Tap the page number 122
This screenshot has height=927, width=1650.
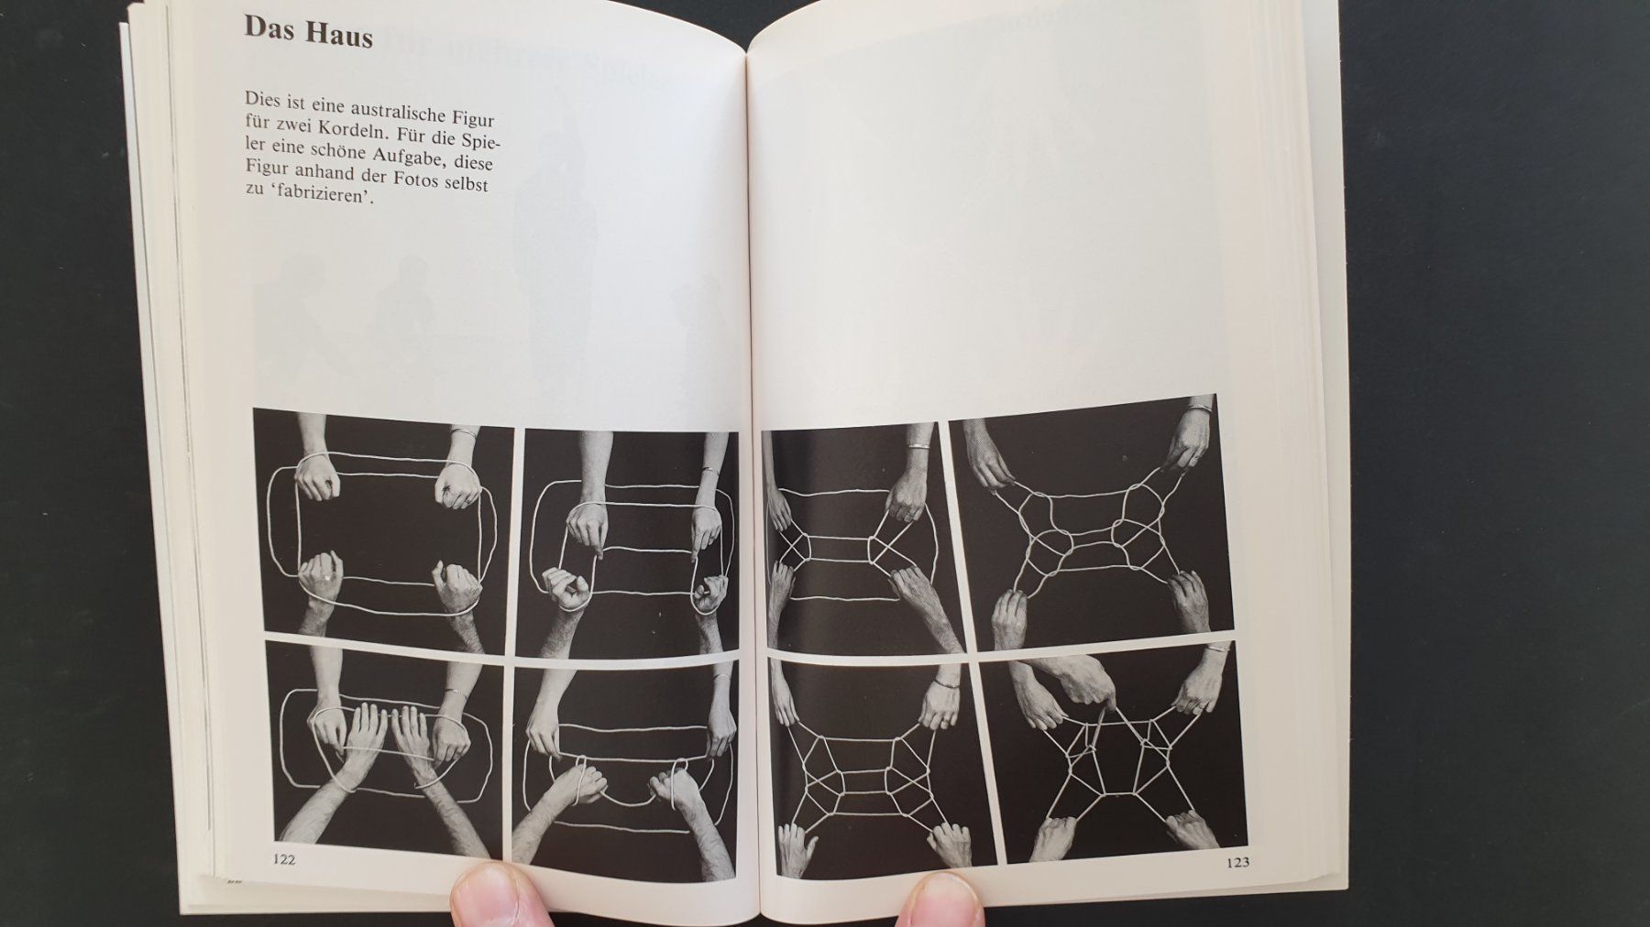pos(284,858)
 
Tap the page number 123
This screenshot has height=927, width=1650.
pos(1236,861)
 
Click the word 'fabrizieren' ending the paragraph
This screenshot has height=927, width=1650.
pos(321,212)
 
